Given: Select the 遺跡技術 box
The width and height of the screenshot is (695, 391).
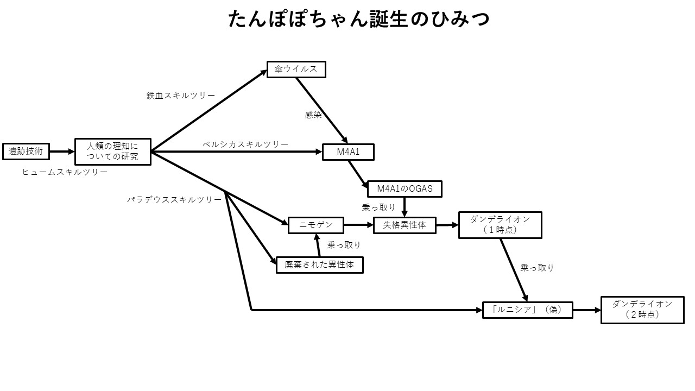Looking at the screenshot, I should coord(26,152).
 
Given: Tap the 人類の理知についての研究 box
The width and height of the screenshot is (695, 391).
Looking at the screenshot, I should coord(112,152).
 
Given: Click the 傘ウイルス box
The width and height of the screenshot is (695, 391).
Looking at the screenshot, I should coord(296,70).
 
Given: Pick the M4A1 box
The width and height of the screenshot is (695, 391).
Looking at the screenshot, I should coord(348,152).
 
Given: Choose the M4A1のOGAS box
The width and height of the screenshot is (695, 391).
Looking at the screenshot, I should coord(405,189).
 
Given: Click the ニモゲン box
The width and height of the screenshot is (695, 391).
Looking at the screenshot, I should coord(315,225).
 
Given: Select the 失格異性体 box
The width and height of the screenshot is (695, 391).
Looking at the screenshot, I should coord(405,225).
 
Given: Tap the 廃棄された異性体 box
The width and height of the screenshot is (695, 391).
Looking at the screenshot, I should coord(319,265).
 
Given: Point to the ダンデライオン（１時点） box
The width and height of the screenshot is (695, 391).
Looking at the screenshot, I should coord(500,225).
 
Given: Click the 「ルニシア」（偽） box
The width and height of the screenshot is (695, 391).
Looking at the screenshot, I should coord(527,310).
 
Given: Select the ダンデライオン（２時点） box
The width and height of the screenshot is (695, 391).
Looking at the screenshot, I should coord(642,310).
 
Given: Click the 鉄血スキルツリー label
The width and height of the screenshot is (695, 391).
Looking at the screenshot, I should coord(180,96).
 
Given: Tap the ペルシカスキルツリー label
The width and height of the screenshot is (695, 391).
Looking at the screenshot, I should coord(245,144).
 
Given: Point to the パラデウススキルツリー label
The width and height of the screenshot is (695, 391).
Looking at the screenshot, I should coord(174,200).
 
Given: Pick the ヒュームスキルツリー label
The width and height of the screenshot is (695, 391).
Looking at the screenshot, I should coord(65,172).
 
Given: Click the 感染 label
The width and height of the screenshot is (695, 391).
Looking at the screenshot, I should coord(313,115).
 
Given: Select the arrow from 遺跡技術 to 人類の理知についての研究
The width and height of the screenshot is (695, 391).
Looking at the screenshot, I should coord(62,152).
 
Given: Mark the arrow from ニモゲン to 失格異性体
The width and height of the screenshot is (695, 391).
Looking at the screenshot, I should coord(358,225).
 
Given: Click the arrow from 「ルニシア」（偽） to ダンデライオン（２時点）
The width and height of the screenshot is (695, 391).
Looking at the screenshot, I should coord(586,310).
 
